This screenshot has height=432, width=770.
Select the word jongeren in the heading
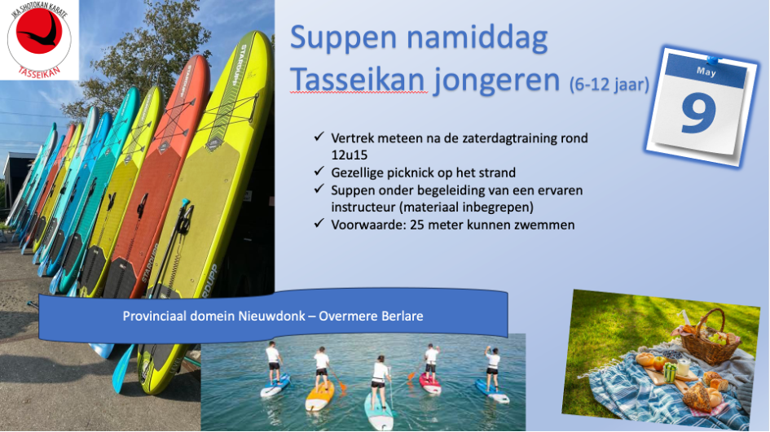[x=496, y=81]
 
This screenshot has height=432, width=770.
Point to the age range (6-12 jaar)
[x=609, y=85]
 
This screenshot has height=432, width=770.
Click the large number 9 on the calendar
[x=698, y=113]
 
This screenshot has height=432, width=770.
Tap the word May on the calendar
[x=706, y=72]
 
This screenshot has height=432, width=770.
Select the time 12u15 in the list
[x=350, y=155]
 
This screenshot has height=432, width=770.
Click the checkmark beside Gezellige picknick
[x=319, y=171]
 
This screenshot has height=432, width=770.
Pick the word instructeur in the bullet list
[x=363, y=207]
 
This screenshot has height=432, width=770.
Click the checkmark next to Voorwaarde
[x=319, y=223]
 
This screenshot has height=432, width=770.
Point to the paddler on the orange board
[x=322, y=368]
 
